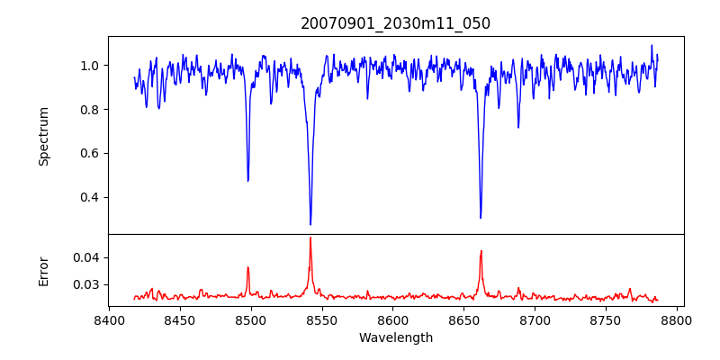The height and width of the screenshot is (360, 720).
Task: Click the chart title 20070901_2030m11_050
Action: pyautogui.click(x=396, y=23)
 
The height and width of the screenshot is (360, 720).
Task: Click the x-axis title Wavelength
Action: pyautogui.click(x=396, y=337)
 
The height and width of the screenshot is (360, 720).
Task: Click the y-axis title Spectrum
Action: pyautogui.click(x=43, y=136)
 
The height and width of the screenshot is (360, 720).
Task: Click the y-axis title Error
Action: pyautogui.click(x=43, y=271)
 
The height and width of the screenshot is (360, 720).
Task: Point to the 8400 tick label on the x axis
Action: pyautogui.click(x=109, y=319)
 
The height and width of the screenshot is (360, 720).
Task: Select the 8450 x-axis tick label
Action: pyautogui.click(x=180, y=319)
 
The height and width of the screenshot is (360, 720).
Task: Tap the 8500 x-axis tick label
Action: pyautogui.click(x=251, y=319)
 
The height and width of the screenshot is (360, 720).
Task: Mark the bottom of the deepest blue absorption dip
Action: pyautogui.click(x=310, y=224)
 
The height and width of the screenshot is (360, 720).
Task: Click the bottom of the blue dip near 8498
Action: pyautogui.click(x=248, y=181)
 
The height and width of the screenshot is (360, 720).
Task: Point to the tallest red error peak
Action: pyautogui.click(x=310, y=238)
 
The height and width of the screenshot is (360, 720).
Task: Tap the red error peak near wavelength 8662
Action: pyautogui.click(x=481, y=251)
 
